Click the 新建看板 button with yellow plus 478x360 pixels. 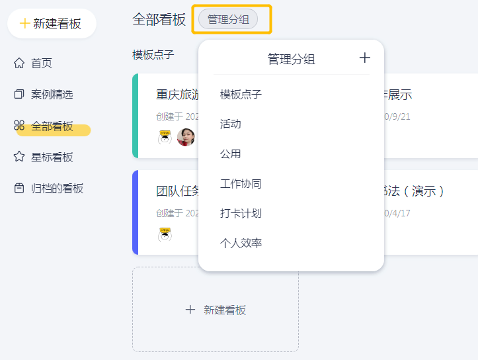pyautogui.click(x=52, y=24)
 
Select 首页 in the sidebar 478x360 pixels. pyautogui.click(x=41, y=64)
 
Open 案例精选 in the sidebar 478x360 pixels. pyautogui.click(x=52, y=95)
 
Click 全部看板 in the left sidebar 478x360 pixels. pyautogui.click(x=52, y=126)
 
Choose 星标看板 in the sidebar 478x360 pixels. pyautogui.click(x=52, y=157)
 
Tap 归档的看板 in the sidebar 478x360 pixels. pyautogui.click(x=57, y=189)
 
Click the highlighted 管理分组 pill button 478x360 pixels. pyautogui.click(x=228, y=20)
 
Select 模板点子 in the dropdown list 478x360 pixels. pyautogui.click(x=241, y=95)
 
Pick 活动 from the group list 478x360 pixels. pyautogui.click(x=230, y=124)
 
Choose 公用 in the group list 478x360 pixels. pyautogui.click(x=230, y=154)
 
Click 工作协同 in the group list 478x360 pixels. pyautogui.click(x=241, y=184)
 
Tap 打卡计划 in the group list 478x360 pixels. pyautogui.click(x=241, y=214)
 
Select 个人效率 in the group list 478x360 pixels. pyautogui.click(x=241, y=244)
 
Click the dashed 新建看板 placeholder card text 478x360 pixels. pyautogui.click(x=224, y=310)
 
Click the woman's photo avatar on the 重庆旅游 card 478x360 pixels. pyautogui.click(x=186, y=138)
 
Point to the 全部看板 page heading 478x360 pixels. pyautogui.click(x=159, y=20)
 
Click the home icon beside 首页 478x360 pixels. pyautogui.click(x=19, y=64)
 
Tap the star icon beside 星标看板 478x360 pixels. pyautogui.click(x=19, y=157)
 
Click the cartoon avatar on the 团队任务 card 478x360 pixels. pyautogui.click(x=165, y=234)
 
